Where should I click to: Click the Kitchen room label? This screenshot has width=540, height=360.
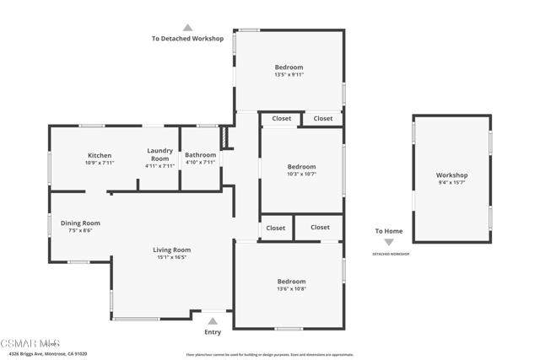point(100,155)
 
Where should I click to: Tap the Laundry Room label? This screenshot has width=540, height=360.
point(159,155)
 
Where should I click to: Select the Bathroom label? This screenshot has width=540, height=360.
point(201,155)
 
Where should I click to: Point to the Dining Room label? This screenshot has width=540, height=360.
point(80,223)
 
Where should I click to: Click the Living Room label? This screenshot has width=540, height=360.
point(171,250)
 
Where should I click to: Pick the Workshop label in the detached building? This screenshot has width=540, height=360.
point(452,175)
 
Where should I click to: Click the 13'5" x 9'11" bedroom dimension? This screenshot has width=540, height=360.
point(289,75)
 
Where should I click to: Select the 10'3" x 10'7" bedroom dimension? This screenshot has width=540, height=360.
point(301,175)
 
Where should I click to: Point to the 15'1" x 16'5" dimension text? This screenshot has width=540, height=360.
point(171,258)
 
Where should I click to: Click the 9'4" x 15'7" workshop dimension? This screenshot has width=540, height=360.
point(452,182)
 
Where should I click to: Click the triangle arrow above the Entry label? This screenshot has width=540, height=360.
point(213,320)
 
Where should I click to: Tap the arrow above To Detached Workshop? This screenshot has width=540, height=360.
point(187,27)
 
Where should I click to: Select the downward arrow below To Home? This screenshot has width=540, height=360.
point(389,242)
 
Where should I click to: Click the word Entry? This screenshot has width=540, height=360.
point(213,331)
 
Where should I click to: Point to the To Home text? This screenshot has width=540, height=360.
point(389,231)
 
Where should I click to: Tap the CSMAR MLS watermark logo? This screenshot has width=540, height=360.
point(30,343)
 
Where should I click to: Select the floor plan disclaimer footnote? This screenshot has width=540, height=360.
point(269,354)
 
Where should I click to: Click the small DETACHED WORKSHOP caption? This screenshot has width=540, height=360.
point(390,254)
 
